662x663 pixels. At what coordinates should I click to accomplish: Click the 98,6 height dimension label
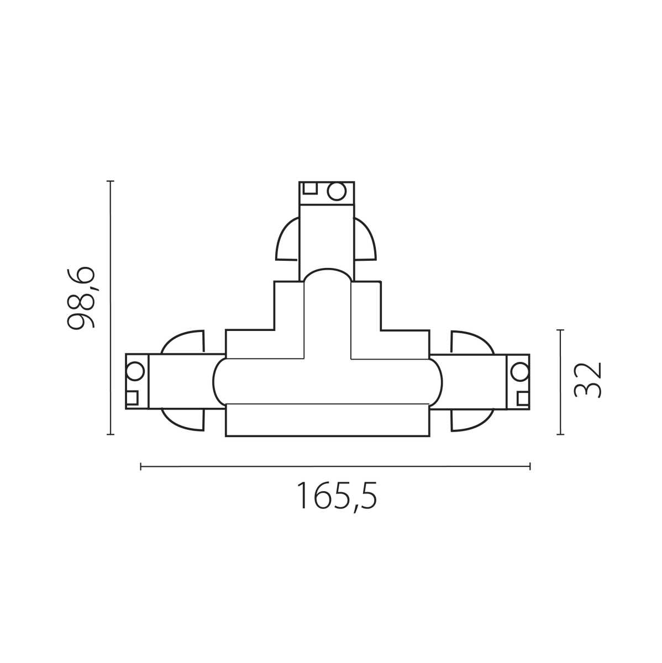tap(81, 298)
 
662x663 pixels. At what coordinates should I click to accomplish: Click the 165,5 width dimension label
tap(337, 496)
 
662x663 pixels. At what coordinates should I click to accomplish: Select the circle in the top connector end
tap(337, 191)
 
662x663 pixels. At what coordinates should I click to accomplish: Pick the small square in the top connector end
tap(310, 188)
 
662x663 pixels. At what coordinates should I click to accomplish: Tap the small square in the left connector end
tap(132, 398)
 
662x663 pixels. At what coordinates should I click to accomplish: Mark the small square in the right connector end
tap(523, 398)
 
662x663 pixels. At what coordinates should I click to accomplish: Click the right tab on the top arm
tap(364, 240)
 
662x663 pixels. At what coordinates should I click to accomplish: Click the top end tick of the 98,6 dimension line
tap(111, 181)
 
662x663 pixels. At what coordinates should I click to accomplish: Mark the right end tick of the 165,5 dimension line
tap(530, 467)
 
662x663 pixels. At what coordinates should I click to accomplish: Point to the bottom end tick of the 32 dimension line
tap(561, 434)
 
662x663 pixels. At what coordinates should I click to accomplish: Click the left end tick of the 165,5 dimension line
tap(141, 467)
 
